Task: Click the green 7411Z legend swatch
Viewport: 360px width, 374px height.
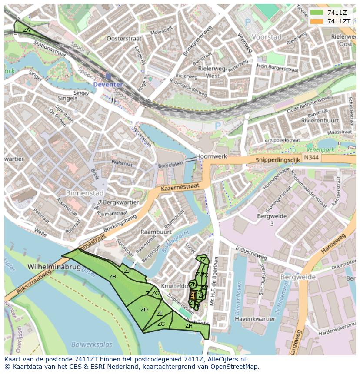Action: coord(317,13)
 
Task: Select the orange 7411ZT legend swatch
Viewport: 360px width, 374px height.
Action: coord(317,21)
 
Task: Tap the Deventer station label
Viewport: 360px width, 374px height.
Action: coord(108,84)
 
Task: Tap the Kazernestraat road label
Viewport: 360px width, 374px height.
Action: coord(180,187)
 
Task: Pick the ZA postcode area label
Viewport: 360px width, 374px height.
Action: coord(27,30)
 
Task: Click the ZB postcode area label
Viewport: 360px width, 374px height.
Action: coord(113,277)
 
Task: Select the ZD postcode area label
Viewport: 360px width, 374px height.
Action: coord(144,310)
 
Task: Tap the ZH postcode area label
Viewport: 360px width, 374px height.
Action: coord(189,325)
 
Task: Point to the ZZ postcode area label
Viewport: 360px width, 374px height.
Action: coord(203,259)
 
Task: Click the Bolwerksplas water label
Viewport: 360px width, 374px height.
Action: coord(92,345)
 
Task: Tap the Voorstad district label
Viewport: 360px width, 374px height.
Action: coord(267,37)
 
